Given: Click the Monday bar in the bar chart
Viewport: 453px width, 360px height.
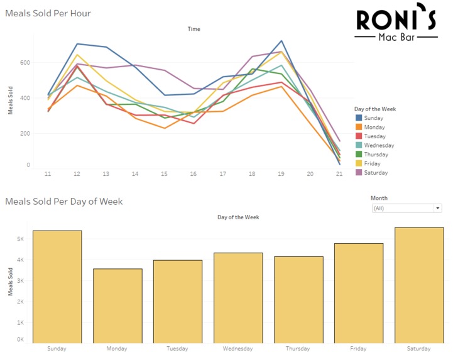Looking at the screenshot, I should tap(117, 305).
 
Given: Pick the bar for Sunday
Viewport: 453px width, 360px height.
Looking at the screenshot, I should tap(57, 286).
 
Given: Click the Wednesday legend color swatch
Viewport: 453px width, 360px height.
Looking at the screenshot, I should tap(358, 145).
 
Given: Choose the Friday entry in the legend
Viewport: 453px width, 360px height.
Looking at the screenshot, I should tap(373, 163).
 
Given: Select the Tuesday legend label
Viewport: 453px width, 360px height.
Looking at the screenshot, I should tap(374, 136).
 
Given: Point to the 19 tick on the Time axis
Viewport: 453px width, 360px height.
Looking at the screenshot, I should tap(281, 173).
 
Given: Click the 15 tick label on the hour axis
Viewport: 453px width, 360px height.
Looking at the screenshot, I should tap(164, 173).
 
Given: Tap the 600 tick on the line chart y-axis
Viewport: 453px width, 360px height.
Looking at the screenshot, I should tap(25, 62).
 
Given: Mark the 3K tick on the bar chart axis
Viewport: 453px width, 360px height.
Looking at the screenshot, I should tap(20, 281).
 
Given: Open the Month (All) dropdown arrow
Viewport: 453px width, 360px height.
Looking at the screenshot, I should tap(437, 208).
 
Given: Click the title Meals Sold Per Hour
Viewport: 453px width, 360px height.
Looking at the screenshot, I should tap(48, 13).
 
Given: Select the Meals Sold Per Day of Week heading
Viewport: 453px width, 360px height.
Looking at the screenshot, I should tap(64, 202).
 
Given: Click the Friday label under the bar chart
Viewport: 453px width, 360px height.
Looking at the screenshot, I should tap(359, 349).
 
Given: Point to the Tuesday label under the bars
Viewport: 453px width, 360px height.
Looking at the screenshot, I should tap(178, 349).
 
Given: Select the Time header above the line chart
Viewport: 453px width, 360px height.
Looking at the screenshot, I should tap(194, 29).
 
